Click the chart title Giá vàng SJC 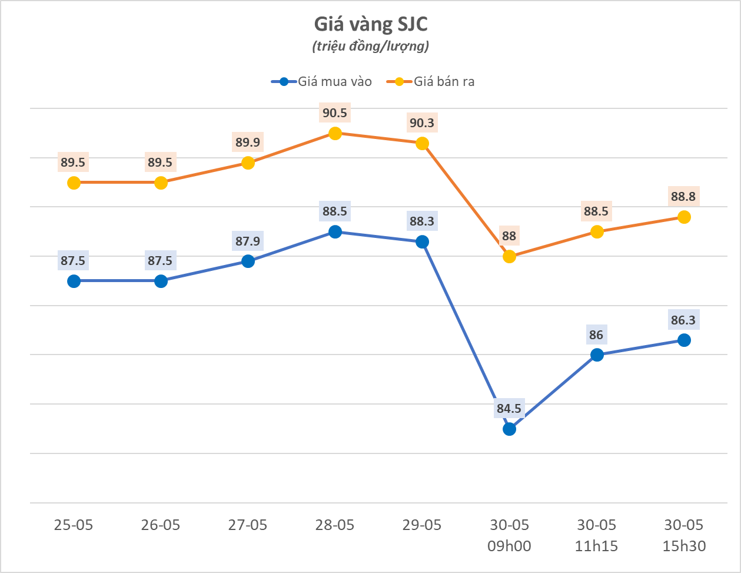[370, 24]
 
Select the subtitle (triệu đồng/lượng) [370, 46]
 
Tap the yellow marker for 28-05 [335, 133]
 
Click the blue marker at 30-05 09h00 [510, 429]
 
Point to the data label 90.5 [335, 112]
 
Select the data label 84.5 [510, 408]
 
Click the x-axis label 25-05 [74, 525]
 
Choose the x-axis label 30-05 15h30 [684, 535]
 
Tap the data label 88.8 [684, 196]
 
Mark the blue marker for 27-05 [248, 261]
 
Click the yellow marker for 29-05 [422, 143]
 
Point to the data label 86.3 [684, 320]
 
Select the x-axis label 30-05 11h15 [597, 535]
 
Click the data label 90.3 [422, 122]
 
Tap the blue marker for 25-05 [74, 281]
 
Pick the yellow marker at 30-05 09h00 [510, 256]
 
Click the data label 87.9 [248, 240]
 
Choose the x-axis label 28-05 [335, 525]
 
